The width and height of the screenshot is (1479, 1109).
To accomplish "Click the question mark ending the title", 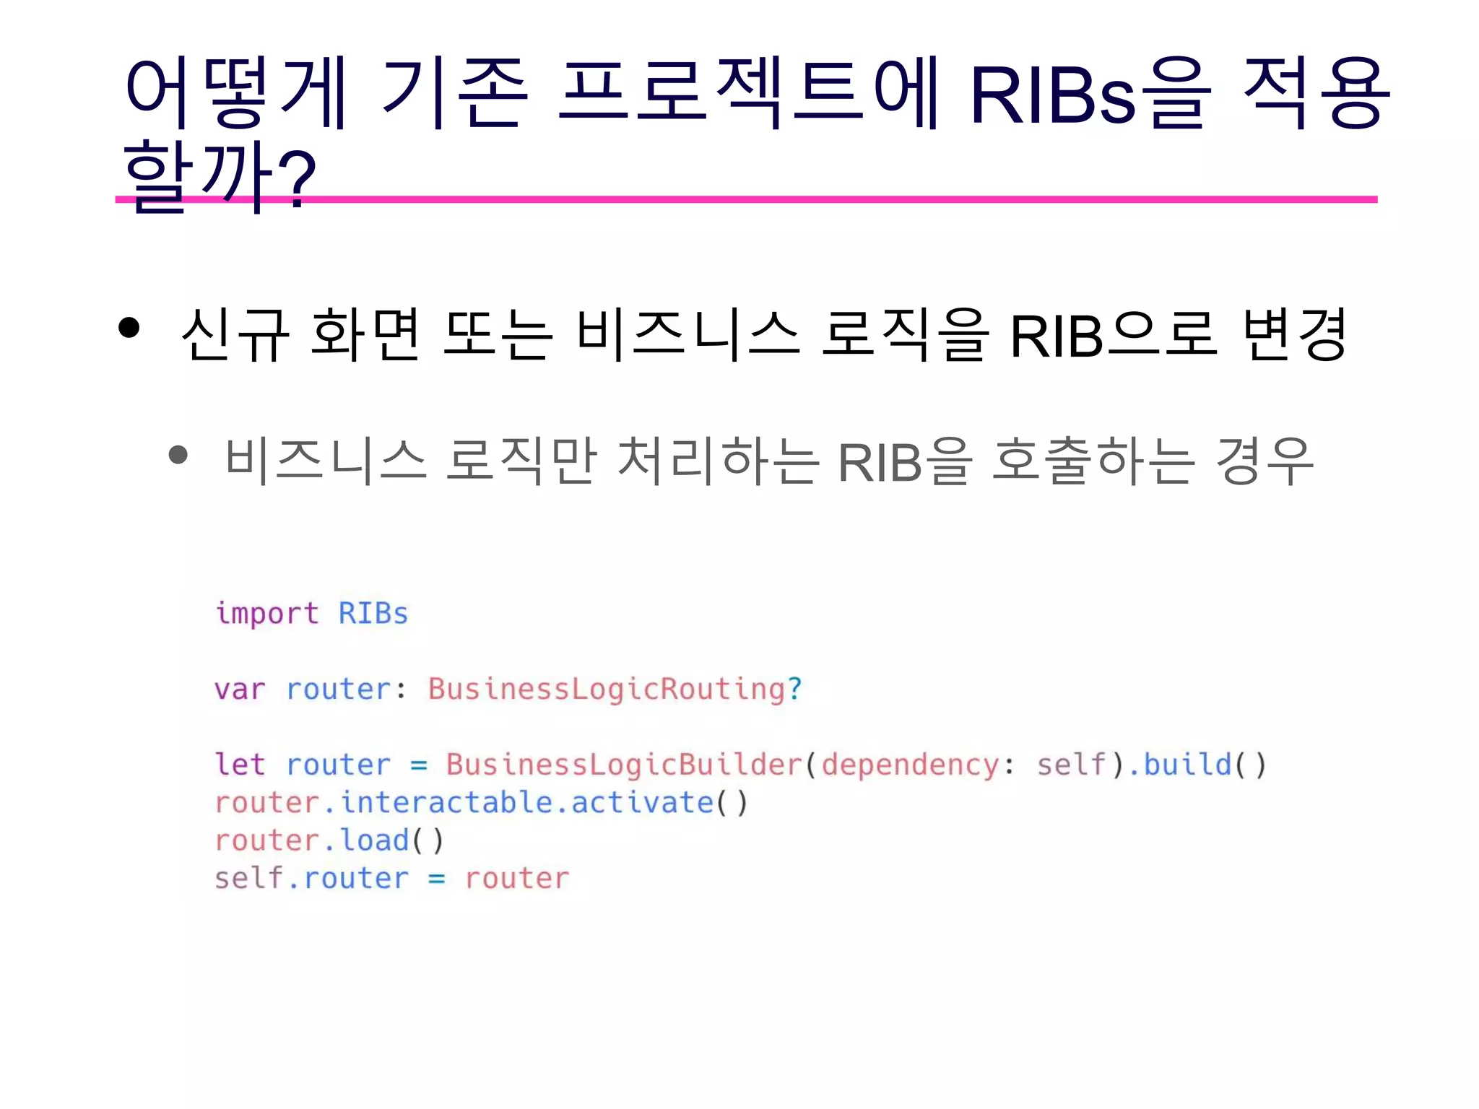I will pyautogui.click(x=296, y=177).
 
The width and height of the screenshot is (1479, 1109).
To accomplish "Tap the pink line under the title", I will pyautogui.click(x=794, y=199).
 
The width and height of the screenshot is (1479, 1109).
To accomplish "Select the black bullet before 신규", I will pyautogui.click(x=129, y=328).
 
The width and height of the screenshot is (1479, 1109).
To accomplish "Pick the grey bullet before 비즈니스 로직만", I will pyautogui.click(x=178, y=455).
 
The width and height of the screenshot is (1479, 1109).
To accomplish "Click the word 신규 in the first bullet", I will pyautogui.click(x=235, y=334).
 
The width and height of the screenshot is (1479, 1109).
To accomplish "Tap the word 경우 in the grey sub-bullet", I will pyautogui.click(x=1264, y=461).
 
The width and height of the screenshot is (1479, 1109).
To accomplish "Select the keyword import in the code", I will pyautogui.click(x=266, y=614).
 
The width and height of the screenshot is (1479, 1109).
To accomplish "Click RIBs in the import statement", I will pyautogui.click(x=373, y=614).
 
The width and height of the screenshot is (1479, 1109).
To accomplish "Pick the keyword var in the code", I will pyautogui.click(x=240, y=690).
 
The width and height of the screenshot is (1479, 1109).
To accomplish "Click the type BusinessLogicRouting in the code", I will pyautogui.click(x=606, y=690).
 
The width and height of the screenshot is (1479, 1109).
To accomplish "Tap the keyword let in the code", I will pyautogui.click(x=240, y=765).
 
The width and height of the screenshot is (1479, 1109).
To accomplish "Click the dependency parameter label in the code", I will pyautogui.click(x=910, y=765).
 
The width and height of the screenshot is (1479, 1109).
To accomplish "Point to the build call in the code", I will pyautogui.click(x=1187, y=765).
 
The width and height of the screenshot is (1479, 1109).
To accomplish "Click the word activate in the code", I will pyautogui.click(x=642, y=803).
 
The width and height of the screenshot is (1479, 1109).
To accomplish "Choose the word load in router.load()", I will pyautogui.click(x=375, y=840).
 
